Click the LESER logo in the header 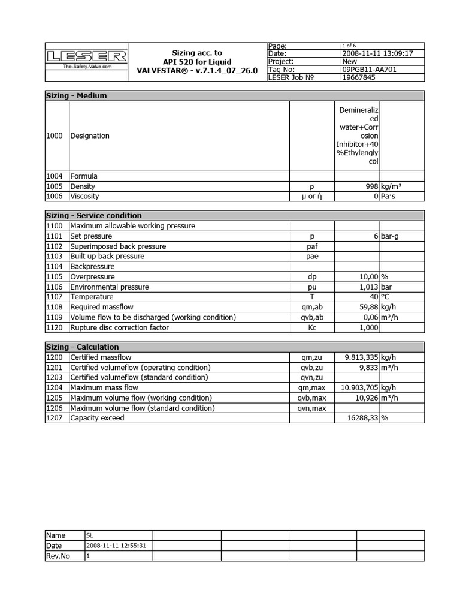point(86,57)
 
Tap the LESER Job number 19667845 point(359,77)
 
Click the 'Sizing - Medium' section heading point(77,95)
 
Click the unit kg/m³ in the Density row point(391,186)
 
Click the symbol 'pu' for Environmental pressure point(311,287)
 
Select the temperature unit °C point(386,297)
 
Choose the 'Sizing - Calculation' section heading point(83,347)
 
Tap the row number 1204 point(55,388)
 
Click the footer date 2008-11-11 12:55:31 point(117,546)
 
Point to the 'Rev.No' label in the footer point(58,556)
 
